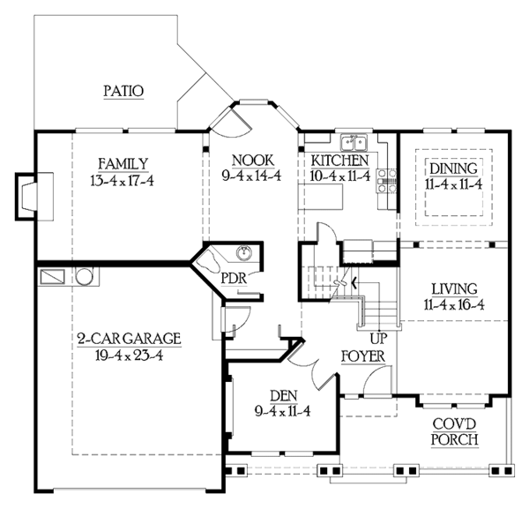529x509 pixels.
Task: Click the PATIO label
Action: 123,90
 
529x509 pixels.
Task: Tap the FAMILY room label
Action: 123,162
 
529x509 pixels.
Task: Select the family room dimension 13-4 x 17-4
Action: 123,180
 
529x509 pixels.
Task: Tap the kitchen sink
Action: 355,141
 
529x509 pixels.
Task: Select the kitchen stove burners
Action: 384,181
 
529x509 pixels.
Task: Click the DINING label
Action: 453,168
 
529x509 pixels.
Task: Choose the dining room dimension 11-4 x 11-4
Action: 453,184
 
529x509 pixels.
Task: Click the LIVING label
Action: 454,288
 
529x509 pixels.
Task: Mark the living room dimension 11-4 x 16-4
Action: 454,305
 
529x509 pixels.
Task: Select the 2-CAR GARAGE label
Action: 129,338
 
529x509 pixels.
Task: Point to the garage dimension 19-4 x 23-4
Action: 129,356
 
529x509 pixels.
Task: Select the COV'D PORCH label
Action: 455,431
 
